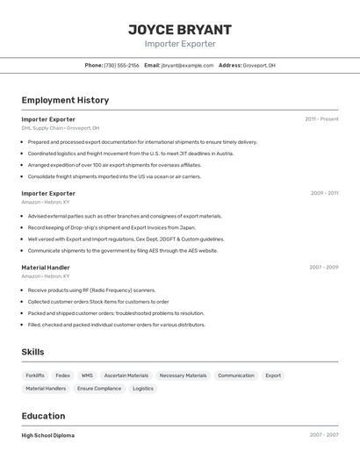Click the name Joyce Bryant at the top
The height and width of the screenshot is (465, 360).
tap(180, 29)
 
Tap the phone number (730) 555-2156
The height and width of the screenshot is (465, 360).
tap(121, 65)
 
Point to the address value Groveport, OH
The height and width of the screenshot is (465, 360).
tap(259, 65)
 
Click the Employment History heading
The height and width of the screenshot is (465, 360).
tap(65, 100)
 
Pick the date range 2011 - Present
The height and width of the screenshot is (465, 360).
tap(321, 118)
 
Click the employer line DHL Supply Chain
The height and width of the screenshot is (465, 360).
tap(60, 128)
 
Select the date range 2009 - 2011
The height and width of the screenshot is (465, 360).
tap(324, 193)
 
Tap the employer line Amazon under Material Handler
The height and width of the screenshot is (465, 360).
tap(45, 275)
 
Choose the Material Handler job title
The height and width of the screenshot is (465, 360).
tap(46, 267)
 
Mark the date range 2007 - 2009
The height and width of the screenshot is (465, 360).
tap(324, 267)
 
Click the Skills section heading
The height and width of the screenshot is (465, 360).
tap(33, 351)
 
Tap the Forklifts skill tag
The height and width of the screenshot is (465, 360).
tap(35, 376)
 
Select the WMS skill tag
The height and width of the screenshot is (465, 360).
tap(87, 376)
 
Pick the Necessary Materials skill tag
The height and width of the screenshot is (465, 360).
tap(183, 376)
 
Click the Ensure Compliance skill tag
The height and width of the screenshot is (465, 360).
tap(99, 388)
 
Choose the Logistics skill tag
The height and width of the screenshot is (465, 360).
tap(143, 388)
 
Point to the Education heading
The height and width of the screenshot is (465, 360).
tap(43, 416)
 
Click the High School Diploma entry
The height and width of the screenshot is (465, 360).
tap(48, 435)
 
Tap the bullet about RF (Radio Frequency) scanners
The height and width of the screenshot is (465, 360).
tap(91, 290)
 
